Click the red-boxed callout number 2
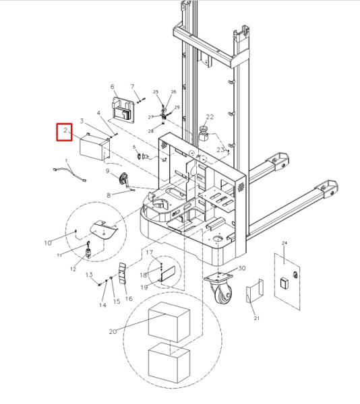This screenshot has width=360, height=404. [x=65, y=131]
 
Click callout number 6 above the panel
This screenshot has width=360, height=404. [x=113, y=88]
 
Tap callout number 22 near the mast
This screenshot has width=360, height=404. [x=210, y=117]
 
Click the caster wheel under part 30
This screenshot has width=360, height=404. [x=221, y=296]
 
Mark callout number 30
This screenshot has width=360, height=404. [x=241, y=268]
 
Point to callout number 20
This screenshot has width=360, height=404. [x=113, y=331]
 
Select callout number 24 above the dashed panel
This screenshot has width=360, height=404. [x=284, y=243]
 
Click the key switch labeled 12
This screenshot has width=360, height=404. [x=88, y=254]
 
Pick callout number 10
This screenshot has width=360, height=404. [x=48, y=242]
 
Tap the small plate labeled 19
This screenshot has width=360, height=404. [x=168, y=273]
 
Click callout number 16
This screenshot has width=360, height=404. [x=129, y=299]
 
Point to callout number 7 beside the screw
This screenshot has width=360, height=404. [x=133, y=88]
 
